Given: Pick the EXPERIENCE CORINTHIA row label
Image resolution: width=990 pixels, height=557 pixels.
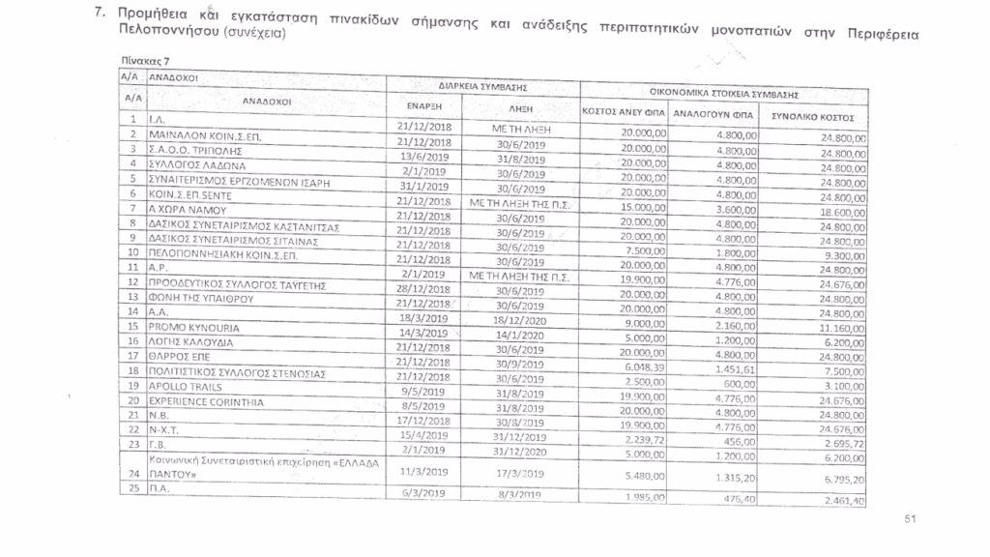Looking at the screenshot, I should (x=194, y=400).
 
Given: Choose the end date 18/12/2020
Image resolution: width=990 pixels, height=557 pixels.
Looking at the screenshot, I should (x=521, y=319).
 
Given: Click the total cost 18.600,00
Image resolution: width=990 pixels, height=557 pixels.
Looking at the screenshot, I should (x=840, y=212).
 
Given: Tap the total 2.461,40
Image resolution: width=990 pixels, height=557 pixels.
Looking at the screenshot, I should (x=842, y=500).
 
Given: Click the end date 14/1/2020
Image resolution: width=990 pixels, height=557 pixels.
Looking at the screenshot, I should (x=521, y=335).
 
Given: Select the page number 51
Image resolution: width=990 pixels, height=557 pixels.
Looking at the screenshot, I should (x=910, y=520).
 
